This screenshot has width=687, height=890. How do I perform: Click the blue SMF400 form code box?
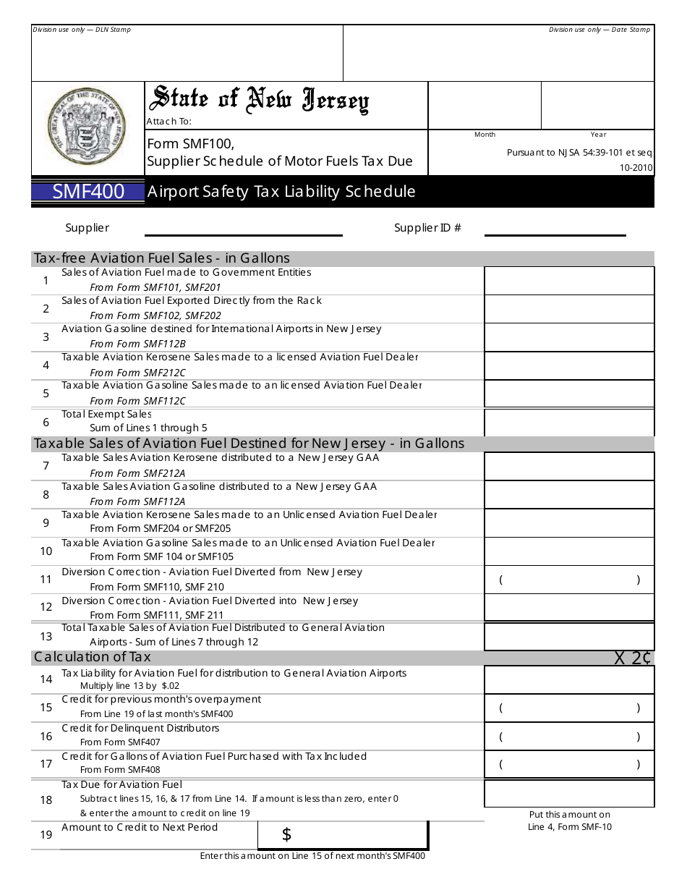click(x=88, y=192)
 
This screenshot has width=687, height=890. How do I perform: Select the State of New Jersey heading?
click(x=258, y=101)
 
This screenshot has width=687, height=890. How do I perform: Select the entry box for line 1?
click(x=568, y=281)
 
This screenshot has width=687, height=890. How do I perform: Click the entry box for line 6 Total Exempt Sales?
click(x=568, y=423)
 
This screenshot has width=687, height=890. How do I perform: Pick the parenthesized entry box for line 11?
click(x=568, y=580)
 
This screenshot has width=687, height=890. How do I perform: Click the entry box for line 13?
click(x=568, y=637)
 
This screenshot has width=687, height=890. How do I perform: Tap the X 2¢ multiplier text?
click(x=633, y=658)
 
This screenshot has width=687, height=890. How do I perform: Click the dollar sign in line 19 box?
click(x=286, y=835)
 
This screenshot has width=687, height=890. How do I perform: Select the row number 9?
click(x=46, y=522)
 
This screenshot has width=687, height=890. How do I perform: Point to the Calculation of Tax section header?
click(x=93, y=657)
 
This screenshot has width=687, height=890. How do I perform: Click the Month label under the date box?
click(x=485, y=135)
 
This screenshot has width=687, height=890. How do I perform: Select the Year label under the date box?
click(x=598, y=135)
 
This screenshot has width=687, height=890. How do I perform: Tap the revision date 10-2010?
click(x=636, y=168)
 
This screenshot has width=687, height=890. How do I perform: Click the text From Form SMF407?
click(x=120, y=742)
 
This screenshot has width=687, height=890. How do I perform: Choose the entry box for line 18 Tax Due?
click(x=568, y=794)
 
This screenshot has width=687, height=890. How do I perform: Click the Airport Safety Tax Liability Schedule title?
click(x=281, y=192)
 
